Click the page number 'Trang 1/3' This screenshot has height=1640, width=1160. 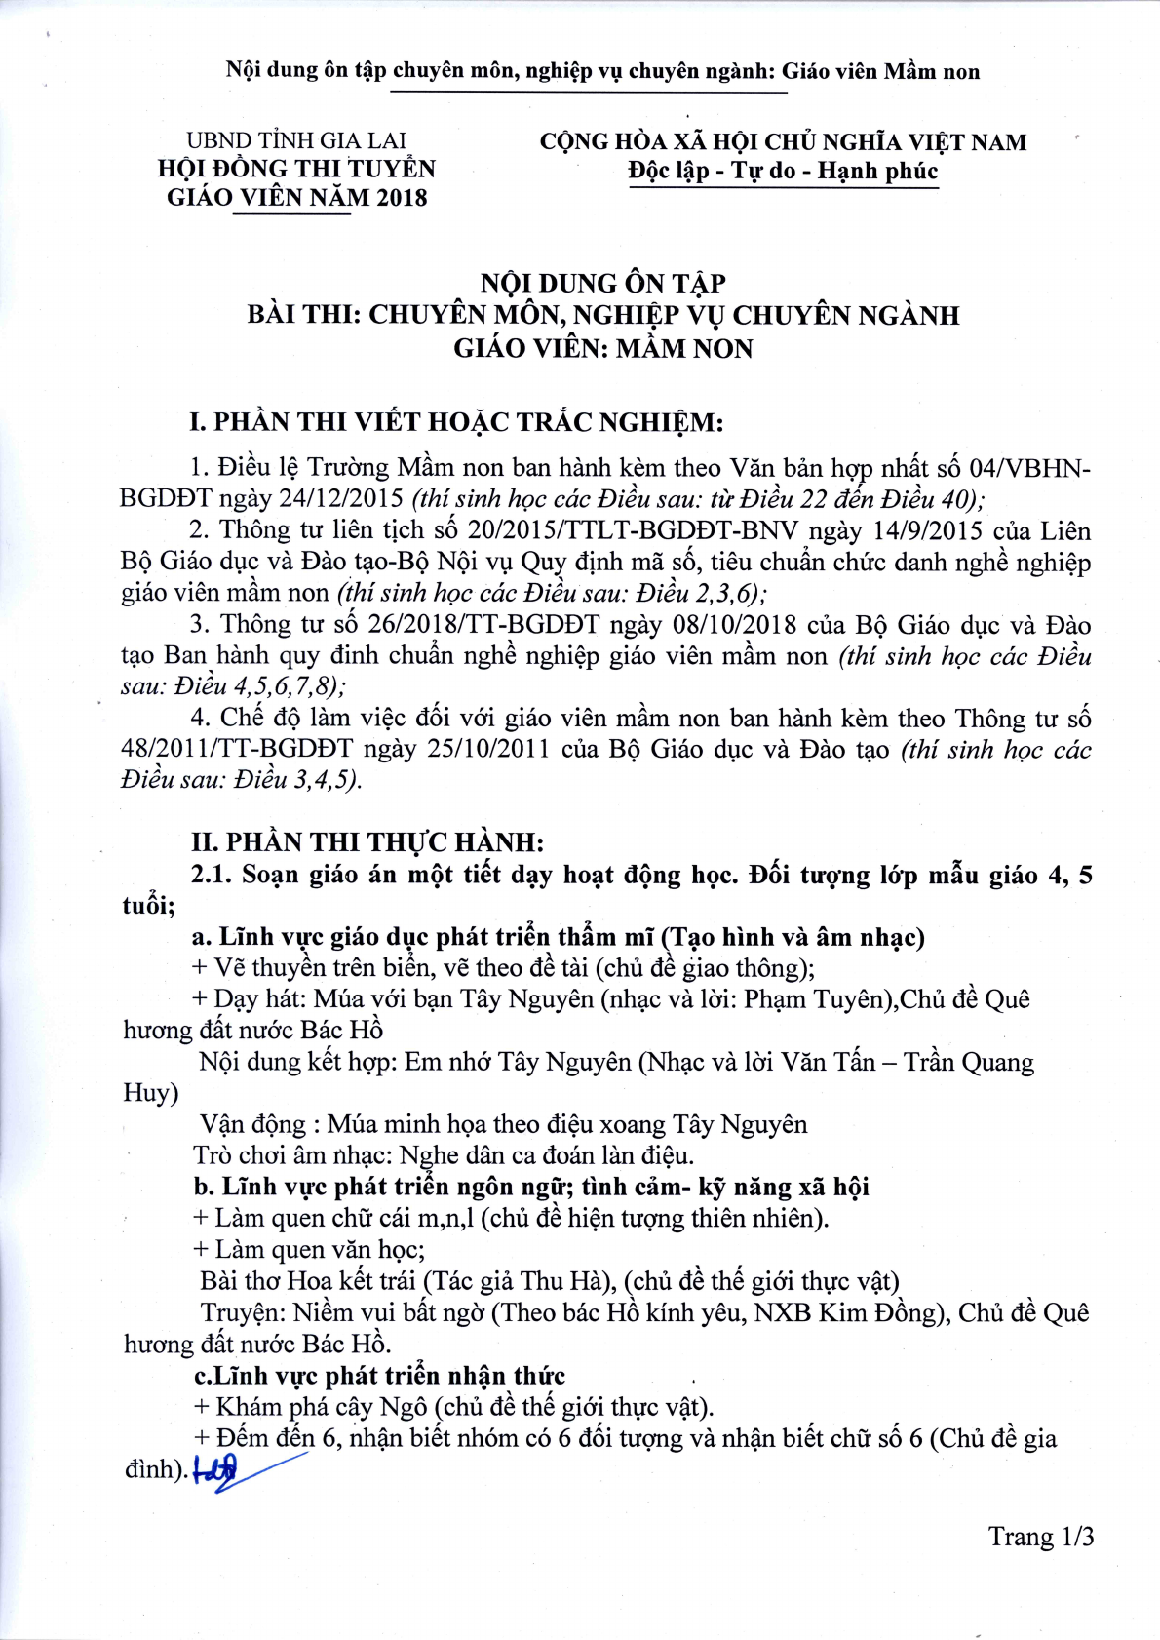tap(1041, 1537)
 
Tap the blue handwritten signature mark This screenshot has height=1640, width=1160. tap(226, 1469)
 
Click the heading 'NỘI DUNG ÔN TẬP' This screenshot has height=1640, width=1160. tap(603, 284)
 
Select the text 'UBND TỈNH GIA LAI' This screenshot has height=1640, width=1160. tap(296, 140)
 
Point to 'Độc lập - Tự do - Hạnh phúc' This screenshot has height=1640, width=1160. tap(783, 172)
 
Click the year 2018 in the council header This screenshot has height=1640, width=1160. tap(402, 198)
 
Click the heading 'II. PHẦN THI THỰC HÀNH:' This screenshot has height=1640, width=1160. tap(367, 841)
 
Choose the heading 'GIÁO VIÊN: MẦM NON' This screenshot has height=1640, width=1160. tap(603, 348)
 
